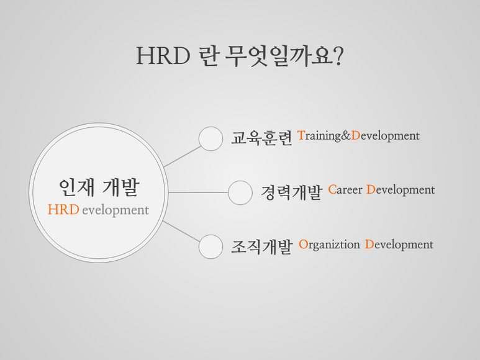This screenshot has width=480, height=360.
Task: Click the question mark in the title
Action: tap(338, 56)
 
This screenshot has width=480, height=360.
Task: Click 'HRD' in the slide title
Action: tap(163, 56)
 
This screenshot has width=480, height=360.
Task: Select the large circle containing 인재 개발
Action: tap(99, 192)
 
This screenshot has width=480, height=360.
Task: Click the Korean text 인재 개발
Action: tap(99, 187)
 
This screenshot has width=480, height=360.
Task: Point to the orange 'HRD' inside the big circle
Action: tap(63, 210)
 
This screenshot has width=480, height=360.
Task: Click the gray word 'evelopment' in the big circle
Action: tap(115, 211)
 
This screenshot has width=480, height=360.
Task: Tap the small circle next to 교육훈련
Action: tap(211, 138)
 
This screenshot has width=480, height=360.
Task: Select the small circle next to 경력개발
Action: tap(240, 192)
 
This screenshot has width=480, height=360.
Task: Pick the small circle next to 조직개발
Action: tap(211, 247)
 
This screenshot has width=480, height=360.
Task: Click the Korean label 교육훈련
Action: tap(261, 138)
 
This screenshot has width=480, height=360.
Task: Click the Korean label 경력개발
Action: tap(291, 192)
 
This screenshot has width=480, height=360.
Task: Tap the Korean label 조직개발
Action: tap(261, 246)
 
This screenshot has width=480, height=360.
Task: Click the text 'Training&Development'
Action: tap(358, 136)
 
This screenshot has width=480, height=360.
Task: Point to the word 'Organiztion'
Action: tap(329, 245)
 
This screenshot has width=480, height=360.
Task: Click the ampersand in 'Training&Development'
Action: tap(346, 135)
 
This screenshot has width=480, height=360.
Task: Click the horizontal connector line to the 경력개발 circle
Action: tap(198, 192)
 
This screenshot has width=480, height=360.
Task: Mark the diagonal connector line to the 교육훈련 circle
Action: tap(183, 156)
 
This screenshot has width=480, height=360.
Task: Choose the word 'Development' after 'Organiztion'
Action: tap(399, 245)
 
